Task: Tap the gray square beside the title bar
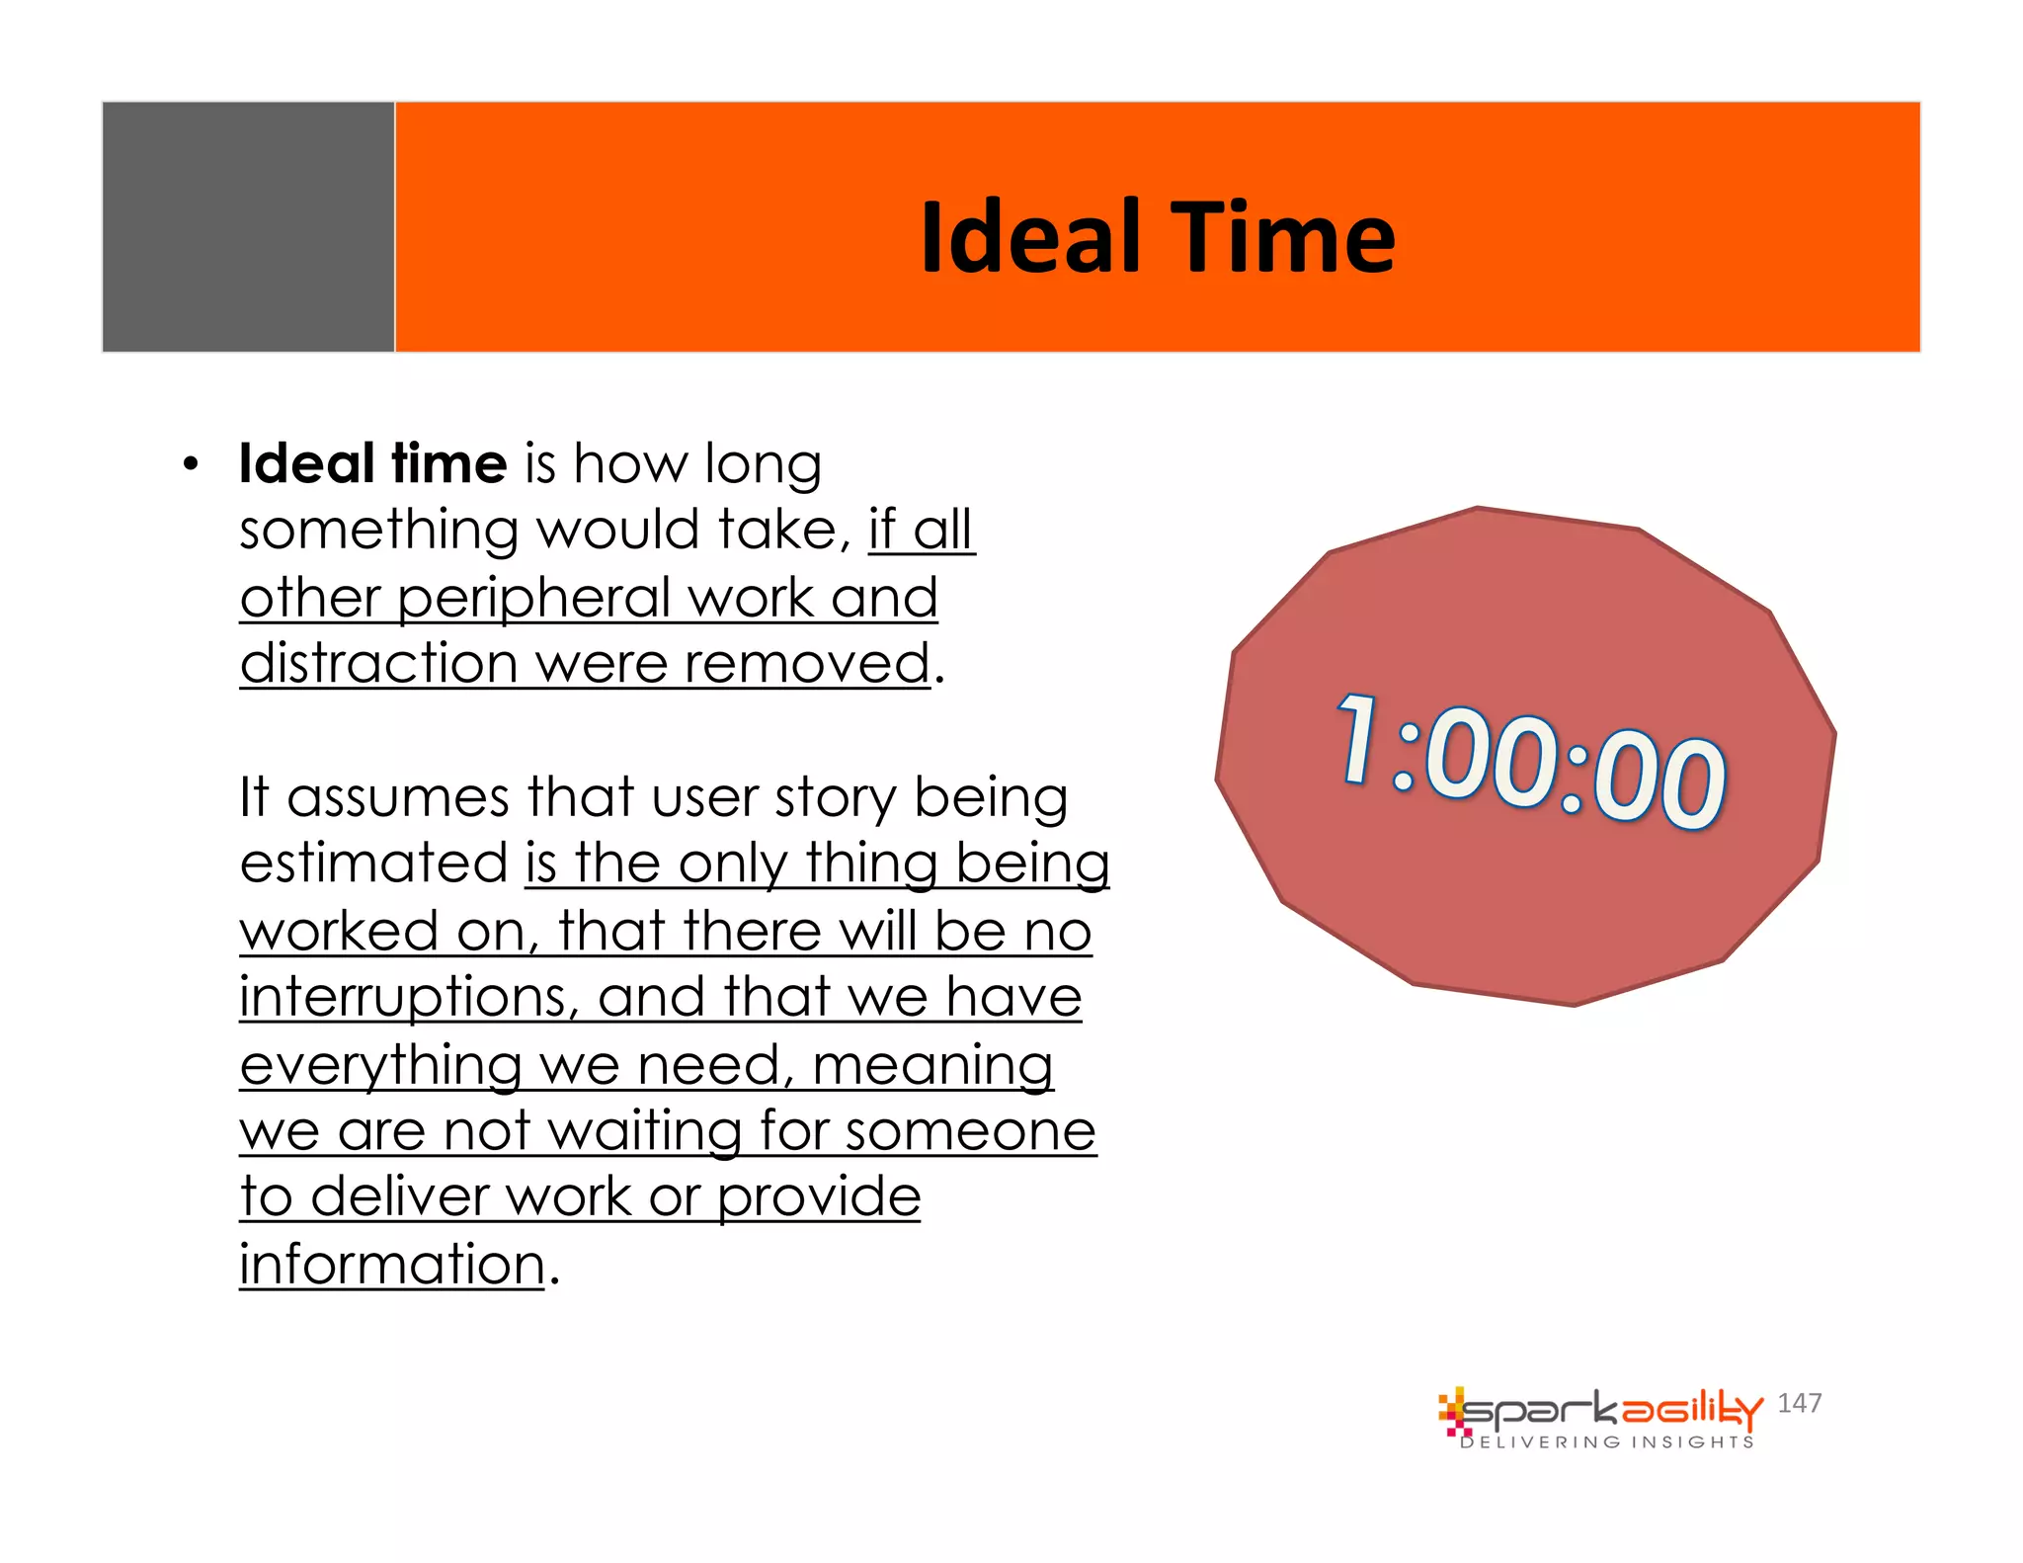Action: click(x=248, y=226)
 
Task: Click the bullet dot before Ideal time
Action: click(x=191, y=464)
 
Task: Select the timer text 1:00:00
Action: click(x=1530, y=762)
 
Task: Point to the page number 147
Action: click(x=1799, y=1403)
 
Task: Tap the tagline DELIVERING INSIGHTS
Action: click(x=1607, y=1442)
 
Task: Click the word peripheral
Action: click(x=534, y=600)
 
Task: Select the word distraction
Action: click(x=378, y=664)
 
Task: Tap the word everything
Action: click(x=380, y=1066)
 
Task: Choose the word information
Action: click(x=392, y=1265)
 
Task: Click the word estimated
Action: click(x=373, y=864)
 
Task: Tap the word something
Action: click(x=378, y=532)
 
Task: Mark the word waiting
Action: click(x=644, y=1131)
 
